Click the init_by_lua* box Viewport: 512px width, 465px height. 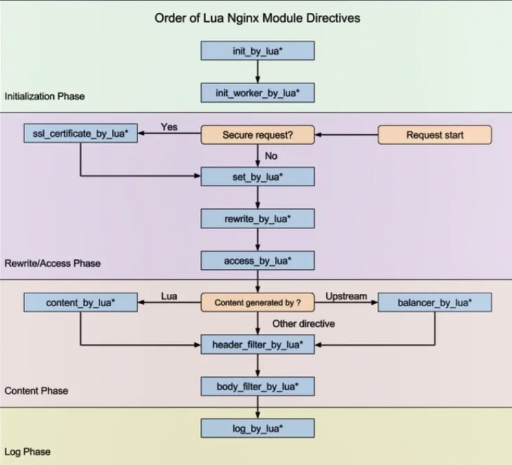[x=258, y=50]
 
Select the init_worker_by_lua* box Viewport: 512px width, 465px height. [x=258, y=92]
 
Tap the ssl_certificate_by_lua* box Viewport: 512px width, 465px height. [x=81, y=133]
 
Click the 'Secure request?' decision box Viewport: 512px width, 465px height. [x=258, y=135]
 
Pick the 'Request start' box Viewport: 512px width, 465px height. [x=434, y=135]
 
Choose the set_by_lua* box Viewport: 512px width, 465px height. [x=258, y=176]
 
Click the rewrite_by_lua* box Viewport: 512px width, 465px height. [x=258, y=219]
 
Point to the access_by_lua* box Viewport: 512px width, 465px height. [x=258, y=260]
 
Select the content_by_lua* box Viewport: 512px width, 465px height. [x=81, y=302]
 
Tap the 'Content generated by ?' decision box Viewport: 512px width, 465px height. [x=258, y=302]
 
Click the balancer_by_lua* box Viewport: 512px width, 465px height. [x=434, y=302]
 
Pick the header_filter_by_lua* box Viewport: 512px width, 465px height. [x=258, y=344]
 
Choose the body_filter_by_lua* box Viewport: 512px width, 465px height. [x=258, y=386]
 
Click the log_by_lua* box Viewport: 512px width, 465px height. [x=258, y=428]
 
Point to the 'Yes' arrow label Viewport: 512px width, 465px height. [x=169, y=127]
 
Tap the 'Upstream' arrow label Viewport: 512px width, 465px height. [x=346, y=296]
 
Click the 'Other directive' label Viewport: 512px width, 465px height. [x=304, y=324]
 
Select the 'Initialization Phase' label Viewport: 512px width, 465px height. [x=45, y=96]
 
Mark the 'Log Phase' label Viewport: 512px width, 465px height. [x=27, y=451]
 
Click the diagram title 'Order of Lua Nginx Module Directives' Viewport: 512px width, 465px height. [x=257, y=18]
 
